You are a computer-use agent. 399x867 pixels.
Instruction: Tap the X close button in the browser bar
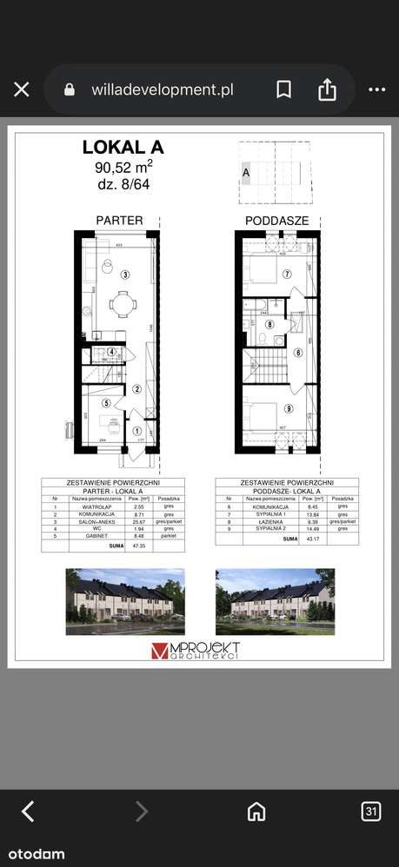(22, 89)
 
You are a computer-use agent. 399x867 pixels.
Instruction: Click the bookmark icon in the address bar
(283, 89)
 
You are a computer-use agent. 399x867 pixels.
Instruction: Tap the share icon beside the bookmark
(327, 89)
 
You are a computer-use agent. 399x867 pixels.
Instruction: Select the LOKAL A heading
(123, 148)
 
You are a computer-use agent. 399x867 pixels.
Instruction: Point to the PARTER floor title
(119, 221)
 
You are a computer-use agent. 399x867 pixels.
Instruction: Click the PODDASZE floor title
(276, 221)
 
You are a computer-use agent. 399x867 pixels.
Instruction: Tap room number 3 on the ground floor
(125, 275)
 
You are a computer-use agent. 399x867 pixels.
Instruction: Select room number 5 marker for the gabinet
(104, 403)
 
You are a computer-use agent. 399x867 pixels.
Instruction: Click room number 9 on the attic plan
(288, 409)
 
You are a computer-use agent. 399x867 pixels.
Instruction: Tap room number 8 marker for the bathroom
(269, 325)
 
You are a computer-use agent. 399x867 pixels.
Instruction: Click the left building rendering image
(124, 602)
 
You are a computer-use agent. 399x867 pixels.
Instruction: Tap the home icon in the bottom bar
(256, 811)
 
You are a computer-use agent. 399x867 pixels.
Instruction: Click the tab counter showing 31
(371, 811)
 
